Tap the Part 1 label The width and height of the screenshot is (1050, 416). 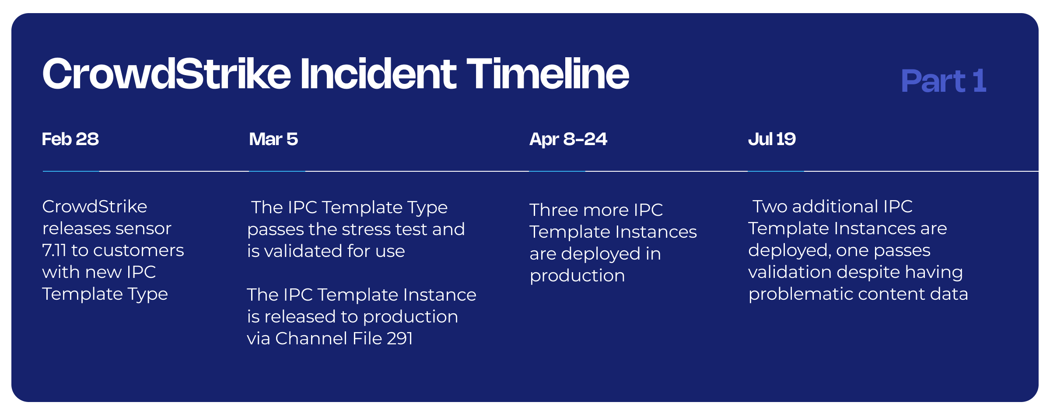(x=944, y=81)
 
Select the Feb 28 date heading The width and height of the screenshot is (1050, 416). (x=70, y=139)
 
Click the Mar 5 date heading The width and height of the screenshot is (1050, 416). (x=273, y=139)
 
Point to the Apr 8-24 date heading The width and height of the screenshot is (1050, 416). (x=568, y=139)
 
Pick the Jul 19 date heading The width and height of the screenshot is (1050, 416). (x=772, y=139)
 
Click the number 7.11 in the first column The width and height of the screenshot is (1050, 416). (x=54, y=250)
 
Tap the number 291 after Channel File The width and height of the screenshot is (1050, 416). (x=400, y=338)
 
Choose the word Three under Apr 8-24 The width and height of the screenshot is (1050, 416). (x=554, y=210)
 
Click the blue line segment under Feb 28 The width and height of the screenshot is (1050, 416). (x=71, y=171)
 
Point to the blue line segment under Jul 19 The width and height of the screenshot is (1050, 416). (x=776, y=171)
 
